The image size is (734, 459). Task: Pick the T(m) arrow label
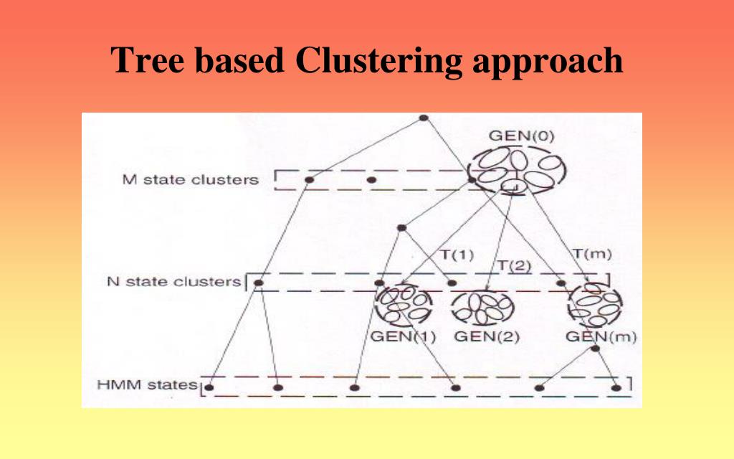point(592,253)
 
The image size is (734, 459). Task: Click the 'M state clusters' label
point(191,179)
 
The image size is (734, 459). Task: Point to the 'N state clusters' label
point(174,281)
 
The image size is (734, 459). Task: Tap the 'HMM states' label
point(147,385)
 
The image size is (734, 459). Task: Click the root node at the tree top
point(424,117)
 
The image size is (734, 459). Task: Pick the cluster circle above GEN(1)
point(403,306)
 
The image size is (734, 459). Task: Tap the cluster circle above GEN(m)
point(594,306)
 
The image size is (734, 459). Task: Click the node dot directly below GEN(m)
point(595,349)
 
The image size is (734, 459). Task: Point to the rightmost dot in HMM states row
point(616,388)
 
